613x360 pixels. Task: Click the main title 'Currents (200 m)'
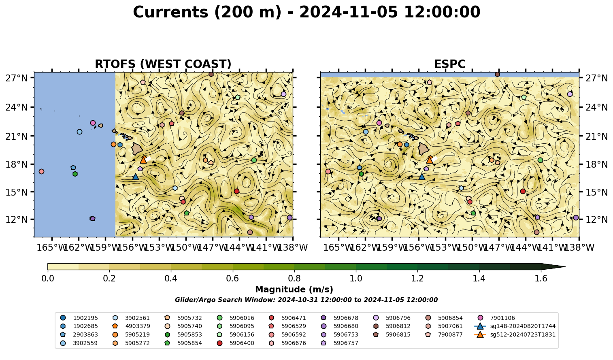[x=207, y=13]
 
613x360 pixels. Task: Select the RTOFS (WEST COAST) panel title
[x=163, y=64]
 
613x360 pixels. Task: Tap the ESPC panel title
[x=450, y=64]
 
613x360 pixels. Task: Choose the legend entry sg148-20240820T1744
[x=515, y=326]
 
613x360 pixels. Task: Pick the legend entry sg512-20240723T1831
[x=515, y=334]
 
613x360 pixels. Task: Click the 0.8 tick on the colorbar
[x=294, y=279]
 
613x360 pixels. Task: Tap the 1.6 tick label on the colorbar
[x=541, y=279]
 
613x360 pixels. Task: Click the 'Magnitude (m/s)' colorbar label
[x=294, y=290]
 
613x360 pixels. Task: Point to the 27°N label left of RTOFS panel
[x=17, y=78]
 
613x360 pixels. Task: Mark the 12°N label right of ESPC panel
[x=596, y=219]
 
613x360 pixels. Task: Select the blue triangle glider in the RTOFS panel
[x=136, y=177]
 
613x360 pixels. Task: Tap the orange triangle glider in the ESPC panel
[x=430, y=160]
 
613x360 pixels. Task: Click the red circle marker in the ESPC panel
[x=523, y=192]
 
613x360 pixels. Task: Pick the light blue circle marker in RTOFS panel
[x=80, y=132]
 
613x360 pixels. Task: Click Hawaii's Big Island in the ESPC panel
[x=424, y=149]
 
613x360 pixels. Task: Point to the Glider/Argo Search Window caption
[x=306, y=300]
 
